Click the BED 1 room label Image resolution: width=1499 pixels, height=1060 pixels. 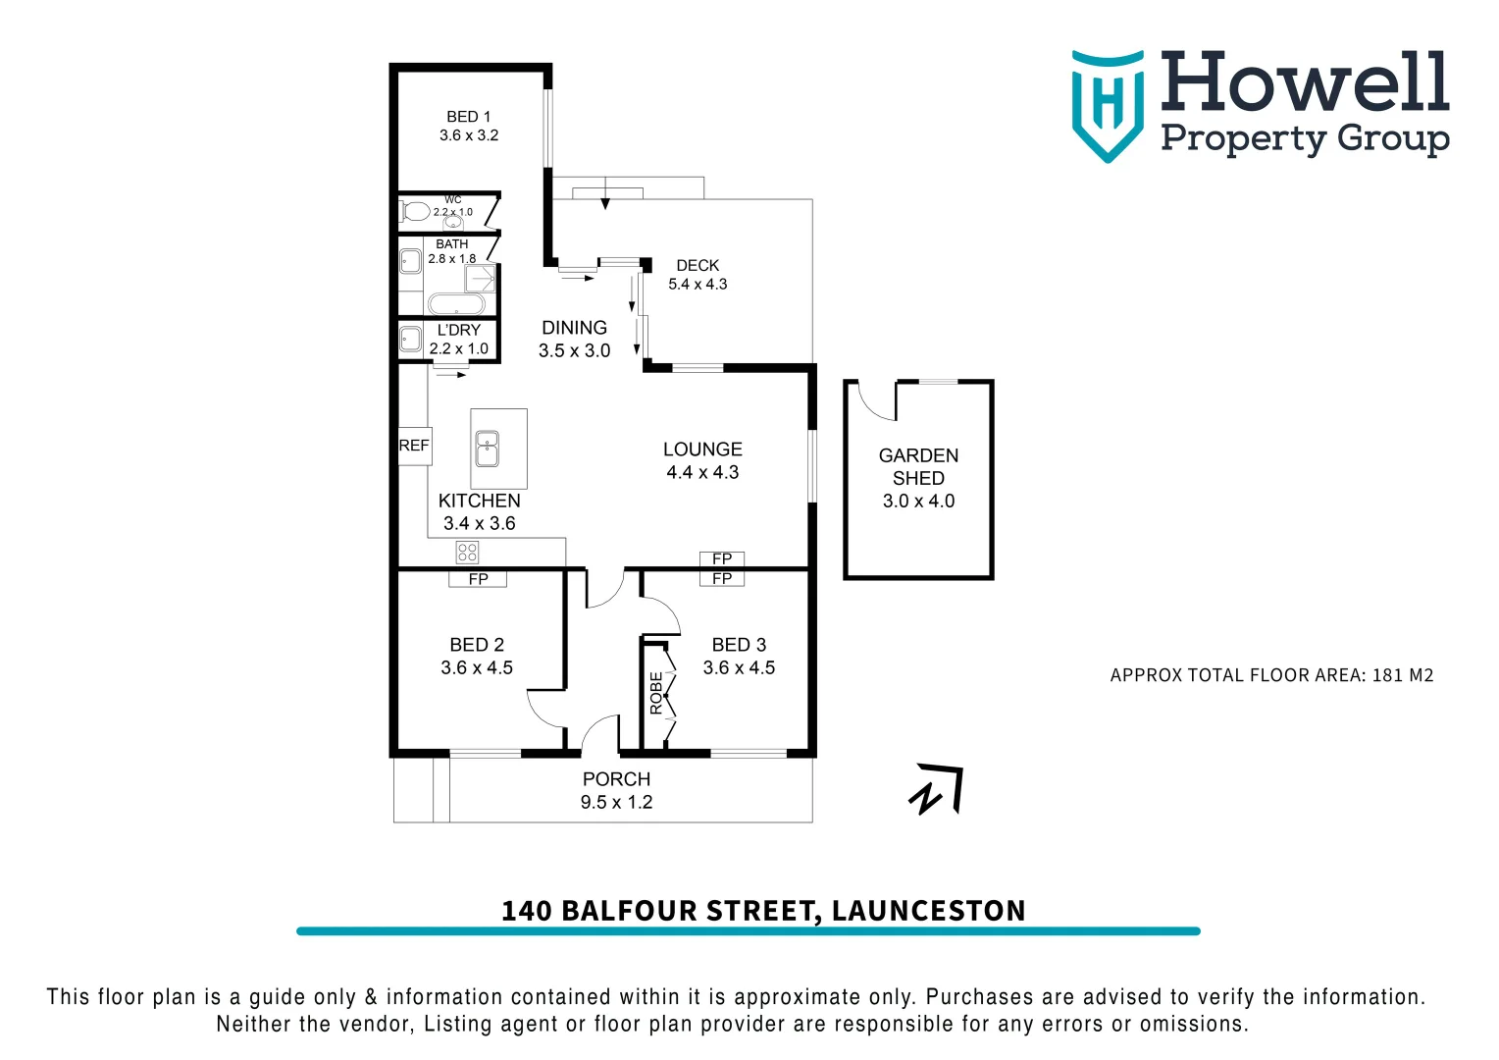pyautogui.click(x=468, y=117)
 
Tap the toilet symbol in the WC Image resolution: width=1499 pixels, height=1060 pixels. pyautogui.click(x=414, y=211)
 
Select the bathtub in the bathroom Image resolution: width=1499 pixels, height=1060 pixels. pyautogui.click(x=455, y=304)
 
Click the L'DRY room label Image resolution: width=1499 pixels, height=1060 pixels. pyautogui.click(x=459, y=330)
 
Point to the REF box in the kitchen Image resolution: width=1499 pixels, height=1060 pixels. pyautogui.click(x=414, y=446)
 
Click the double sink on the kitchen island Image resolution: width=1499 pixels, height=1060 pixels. pyautogui.click(x=488, y=450)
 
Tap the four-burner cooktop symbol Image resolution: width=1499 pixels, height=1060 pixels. pyautogui.click(x=467, y=552)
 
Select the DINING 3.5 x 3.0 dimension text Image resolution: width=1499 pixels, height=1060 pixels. pyautogui.click(x=574, y=350)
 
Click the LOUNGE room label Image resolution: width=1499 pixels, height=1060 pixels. pyautogui.click(x=702, y=450)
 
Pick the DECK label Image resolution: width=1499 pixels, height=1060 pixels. pyautogui.click(x=698, y=266)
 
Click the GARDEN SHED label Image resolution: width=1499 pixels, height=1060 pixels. pyautogui.click(x=918, y=467)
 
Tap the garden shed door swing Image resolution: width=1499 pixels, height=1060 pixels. pyautogui.click(x=876, y=400)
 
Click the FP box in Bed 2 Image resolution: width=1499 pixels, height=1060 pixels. pyautogui.click(x=478, y=579)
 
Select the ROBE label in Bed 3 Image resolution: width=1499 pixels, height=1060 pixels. pyautogui.click(x=656, y=693)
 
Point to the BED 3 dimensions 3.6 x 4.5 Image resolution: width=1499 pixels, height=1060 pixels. pyautogui.click(x=739, y=667)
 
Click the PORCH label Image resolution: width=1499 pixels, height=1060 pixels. pyautogui.click(x=616, y=779)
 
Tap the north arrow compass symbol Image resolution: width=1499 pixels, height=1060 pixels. pyautogui.click(x=938, y=790)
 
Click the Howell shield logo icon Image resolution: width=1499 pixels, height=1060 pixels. pyautogui.click(x=1108, y=105)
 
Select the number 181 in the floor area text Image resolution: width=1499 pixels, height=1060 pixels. pyautogui.click(x=1388, y=675)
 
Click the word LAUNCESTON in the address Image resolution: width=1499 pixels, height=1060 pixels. pyautogui.click(x=928, y=911)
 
